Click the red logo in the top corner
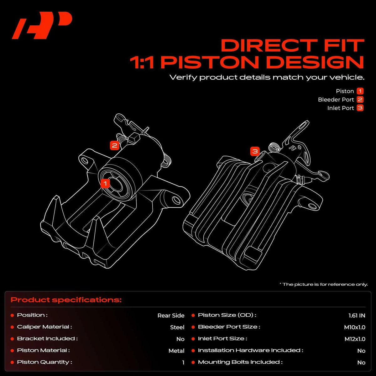coord(42,25)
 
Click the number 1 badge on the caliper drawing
coord(105,183)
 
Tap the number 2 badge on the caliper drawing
coord(115,145)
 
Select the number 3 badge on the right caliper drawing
coord(255,151)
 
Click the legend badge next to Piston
coord(360,91)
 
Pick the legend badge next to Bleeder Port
coord(360,100)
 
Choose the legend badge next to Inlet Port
coord(360,108)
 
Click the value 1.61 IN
coord(357,316)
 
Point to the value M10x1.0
coord(354,327)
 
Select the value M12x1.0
coord(355,339)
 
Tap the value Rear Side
coord(171,316)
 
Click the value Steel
coord(177,327)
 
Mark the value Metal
coord(176,351)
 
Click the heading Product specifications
coord(66,300)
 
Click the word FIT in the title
coord(344,45)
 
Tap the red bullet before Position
coord(12,315)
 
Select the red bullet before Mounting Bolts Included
coord(193,362)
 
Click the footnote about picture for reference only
coord(324,284)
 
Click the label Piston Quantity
coord(44,362)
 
